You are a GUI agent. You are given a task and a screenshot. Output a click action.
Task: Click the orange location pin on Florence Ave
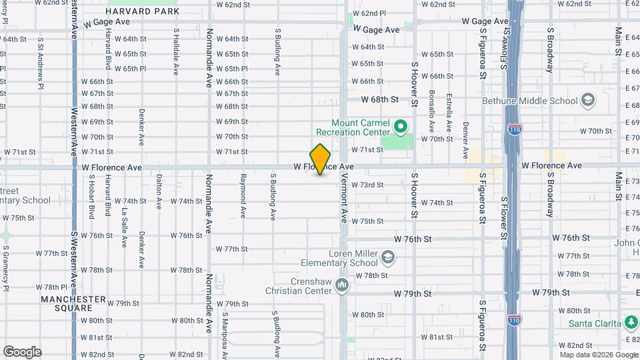point(321,159)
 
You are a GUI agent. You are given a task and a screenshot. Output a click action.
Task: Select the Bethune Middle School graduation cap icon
point(587,101)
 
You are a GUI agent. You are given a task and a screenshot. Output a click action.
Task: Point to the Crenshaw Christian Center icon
point(342,285)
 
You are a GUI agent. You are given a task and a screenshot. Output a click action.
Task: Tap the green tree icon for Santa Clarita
point(631,323)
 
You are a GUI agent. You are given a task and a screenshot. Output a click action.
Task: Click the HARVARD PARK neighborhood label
point(142,11)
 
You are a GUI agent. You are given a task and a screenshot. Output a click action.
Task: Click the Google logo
point(22,352)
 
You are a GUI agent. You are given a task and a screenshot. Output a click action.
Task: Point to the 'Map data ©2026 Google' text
point(599,354)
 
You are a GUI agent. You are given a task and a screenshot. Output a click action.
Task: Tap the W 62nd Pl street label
point(369,13)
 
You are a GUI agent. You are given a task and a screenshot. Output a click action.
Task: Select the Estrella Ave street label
point(449,112)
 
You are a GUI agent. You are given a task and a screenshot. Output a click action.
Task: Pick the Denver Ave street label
point(465,135)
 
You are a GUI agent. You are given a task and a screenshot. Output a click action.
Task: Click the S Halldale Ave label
point(176,51)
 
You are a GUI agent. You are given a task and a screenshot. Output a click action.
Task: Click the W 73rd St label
point(367,185)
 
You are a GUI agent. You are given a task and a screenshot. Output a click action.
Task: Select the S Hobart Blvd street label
point(91,197)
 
